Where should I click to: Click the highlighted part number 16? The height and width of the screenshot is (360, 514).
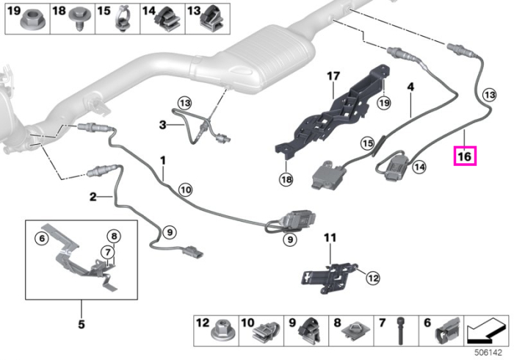pyautogui.click(x=465, y=156)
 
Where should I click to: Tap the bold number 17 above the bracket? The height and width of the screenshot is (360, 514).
pyautogui.click(x=333, y=76)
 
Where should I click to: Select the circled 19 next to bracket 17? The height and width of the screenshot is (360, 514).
pyautogui.click(x=384, y=103)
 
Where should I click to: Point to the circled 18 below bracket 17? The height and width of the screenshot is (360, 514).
pyautogui.click(x=286, y=179)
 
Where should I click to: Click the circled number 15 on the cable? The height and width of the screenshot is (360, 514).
pyautogui.click(x=367, y=143)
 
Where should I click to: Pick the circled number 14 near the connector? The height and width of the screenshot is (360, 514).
pyautogui.click(x=419, y=167)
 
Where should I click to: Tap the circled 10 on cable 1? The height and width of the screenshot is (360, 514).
pyautogui.click(x=186, y=190)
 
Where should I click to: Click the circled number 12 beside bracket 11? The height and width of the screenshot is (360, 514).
pyautogui.click(x=373, y=278)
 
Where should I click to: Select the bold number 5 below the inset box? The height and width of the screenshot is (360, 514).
pyautogui.click(x=82, y=324)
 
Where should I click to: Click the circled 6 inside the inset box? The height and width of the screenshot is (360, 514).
pyautogui.click(x=42, y=238)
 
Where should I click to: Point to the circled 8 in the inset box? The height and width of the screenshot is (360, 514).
pyautogui.click(x=114, y=236)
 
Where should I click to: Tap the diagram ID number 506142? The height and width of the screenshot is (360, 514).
pyautogui.click(x=488, y=353)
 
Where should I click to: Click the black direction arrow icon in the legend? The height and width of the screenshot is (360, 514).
pyautogui.click(x=486, y=332)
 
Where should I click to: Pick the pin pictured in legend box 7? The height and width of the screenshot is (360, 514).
pyautogui.click(x=400, y=331)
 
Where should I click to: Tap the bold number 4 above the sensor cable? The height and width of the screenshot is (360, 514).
pyautogui.click(x=410, y=87)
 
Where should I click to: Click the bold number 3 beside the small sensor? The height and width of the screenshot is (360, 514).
pyautogui.click(x=162, y=125)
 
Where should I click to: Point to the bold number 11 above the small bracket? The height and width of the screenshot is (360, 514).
pyautogui.click(x=330, y=238)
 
